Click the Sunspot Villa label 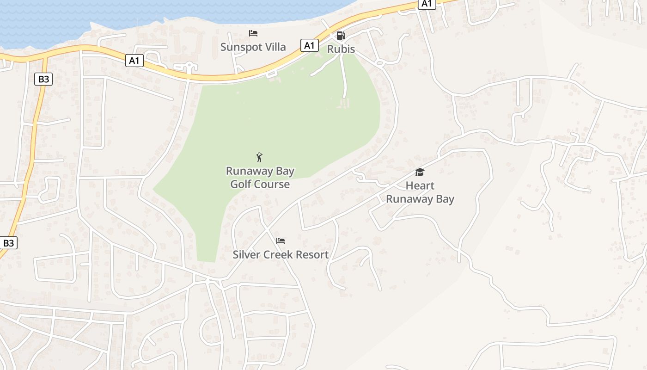(x=253, y=47)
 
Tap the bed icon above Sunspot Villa (x=253, y=33)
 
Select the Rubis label (x=341, y=49)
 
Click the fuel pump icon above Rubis (x=341, y=35)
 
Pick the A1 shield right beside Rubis (x=310, y=45)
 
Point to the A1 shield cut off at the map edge (x=427, y=4)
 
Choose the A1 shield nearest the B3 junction (x=134, y=60)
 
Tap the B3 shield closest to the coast (x=43, y=79)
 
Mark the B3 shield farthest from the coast (x=9, y=243)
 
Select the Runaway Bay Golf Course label (x=260, y=178)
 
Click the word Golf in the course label (x=241, y=184)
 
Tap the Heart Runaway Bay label (x=420, y=192)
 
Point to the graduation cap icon (x=420, y=173)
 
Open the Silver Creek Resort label (x=281, y=254)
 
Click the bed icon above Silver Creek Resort (x=280, y=241)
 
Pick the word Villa (x=274, y=47)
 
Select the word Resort (x=311, y=254)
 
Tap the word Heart (x=420, y=186)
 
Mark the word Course (x=272, y=184)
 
